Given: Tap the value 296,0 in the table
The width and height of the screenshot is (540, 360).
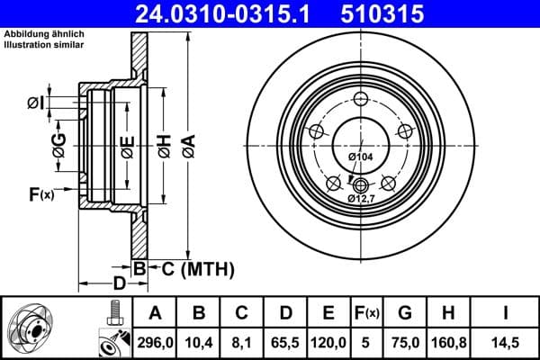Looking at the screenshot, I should (155, 342).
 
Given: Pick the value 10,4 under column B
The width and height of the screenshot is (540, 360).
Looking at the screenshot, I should (198, 342).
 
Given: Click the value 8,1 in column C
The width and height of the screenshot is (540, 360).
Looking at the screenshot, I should (241, 342).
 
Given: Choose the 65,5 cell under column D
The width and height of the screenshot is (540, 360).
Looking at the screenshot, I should (285, 342).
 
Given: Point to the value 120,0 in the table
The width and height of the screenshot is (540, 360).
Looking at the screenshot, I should (328, 342).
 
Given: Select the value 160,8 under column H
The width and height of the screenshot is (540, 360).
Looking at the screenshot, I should (448, 342).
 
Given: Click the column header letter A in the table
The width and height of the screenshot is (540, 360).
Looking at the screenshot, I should (155, 313).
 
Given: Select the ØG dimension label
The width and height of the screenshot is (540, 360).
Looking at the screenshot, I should (59, 147).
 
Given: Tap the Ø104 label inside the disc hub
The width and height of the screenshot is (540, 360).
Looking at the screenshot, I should (360, 157).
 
